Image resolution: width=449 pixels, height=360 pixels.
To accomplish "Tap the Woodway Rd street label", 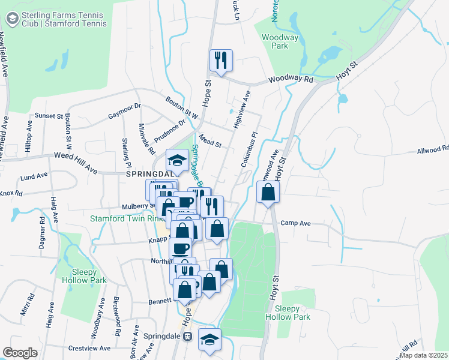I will [291, 79].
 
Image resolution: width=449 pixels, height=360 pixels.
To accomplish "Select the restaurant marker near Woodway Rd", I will [221, 60].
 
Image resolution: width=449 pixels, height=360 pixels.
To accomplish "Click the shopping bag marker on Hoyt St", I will [268, 193].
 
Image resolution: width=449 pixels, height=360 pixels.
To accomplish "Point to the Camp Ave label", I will [295, 223].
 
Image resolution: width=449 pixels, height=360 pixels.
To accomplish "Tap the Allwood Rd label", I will [432, 149].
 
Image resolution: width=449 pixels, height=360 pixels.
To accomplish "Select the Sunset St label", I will [49, 115].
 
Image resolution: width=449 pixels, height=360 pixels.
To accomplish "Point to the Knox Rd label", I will [11, 194].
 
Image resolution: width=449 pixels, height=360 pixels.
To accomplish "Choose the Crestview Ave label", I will [89, 348].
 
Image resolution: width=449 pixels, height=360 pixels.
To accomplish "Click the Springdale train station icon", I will [188, 337].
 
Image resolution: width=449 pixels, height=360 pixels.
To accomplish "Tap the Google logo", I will [20, 353].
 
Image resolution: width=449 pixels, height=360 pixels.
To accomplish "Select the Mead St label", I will [211, 143].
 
